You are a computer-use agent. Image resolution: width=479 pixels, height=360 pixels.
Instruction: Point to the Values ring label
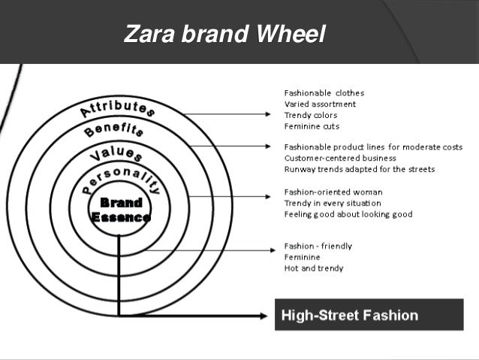click(x=116, y=156)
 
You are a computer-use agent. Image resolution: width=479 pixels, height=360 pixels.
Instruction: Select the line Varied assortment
click(x=320, y=104)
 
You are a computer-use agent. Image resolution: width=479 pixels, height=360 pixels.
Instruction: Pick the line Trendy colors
click(x=310, y=115)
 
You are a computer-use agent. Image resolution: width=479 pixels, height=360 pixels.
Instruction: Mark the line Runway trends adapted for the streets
click(x=359, y=169)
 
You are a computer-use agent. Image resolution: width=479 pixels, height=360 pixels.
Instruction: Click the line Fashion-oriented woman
click(x=323, y=192)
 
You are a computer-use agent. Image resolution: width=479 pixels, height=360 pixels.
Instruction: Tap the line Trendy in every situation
click(x=332, y=203)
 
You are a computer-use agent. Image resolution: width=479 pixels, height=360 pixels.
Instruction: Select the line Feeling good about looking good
click(x=348, y=214)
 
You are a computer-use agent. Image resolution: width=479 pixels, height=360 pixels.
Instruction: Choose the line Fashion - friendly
click(x=318, y=246)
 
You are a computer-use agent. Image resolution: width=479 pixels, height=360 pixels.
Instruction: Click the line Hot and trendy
click(x=313, y=268)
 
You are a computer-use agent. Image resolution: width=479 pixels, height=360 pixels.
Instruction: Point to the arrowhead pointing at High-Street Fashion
click(x=262, y=316)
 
